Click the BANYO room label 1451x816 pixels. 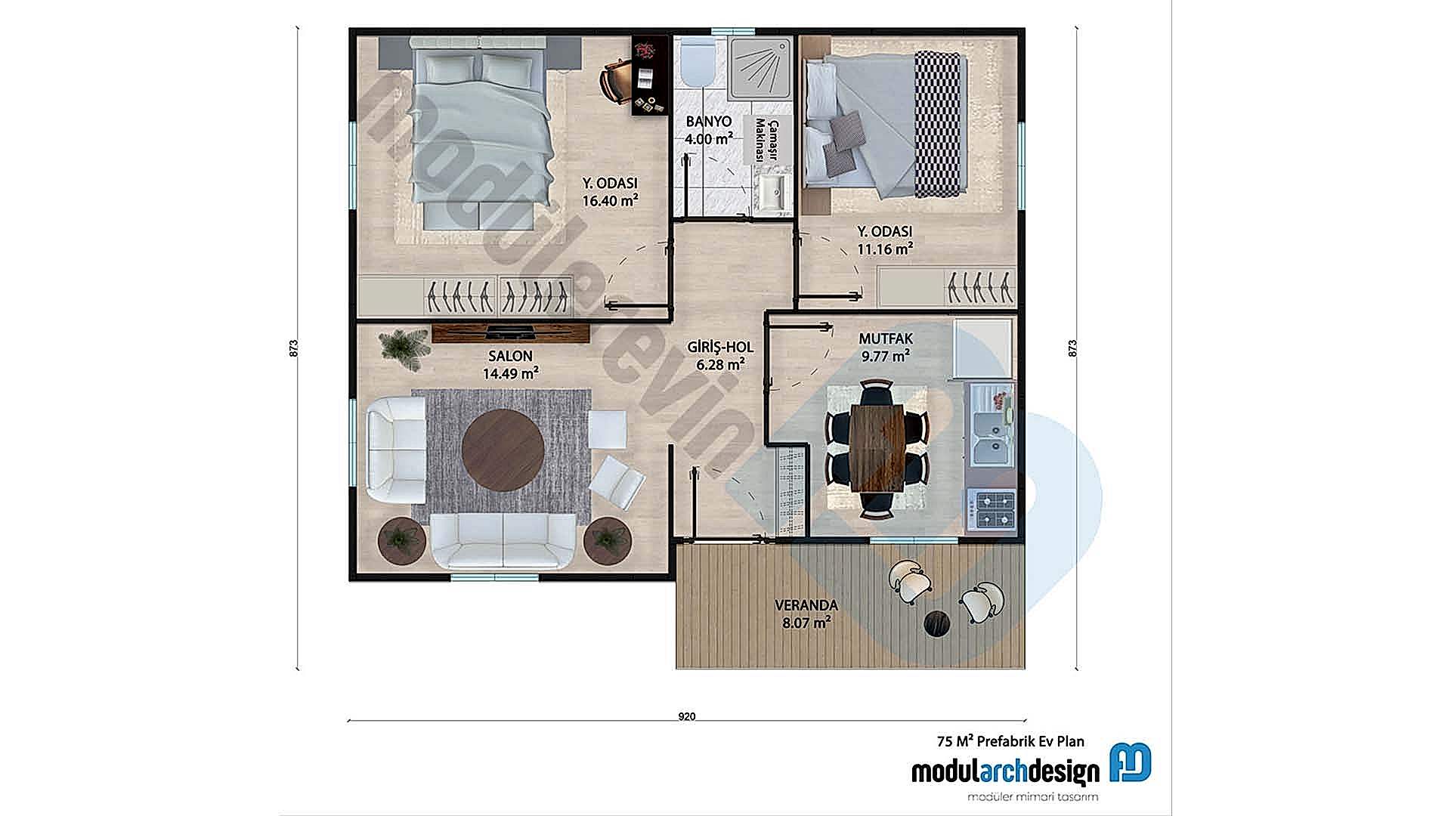[x=708, y=122]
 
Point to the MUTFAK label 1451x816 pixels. [x=886, y=339]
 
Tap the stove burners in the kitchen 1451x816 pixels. [x=994, y=509]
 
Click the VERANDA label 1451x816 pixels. [x=806, y=605]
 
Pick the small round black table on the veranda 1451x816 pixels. [x=937, y=623]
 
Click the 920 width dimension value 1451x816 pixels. [x=686, y=716]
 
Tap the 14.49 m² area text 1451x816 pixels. [x=511, y=372]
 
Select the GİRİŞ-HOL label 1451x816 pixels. [x=720, y=348]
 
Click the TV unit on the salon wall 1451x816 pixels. [x=510, y=332]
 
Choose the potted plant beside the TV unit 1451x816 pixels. [x=401, y=348]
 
